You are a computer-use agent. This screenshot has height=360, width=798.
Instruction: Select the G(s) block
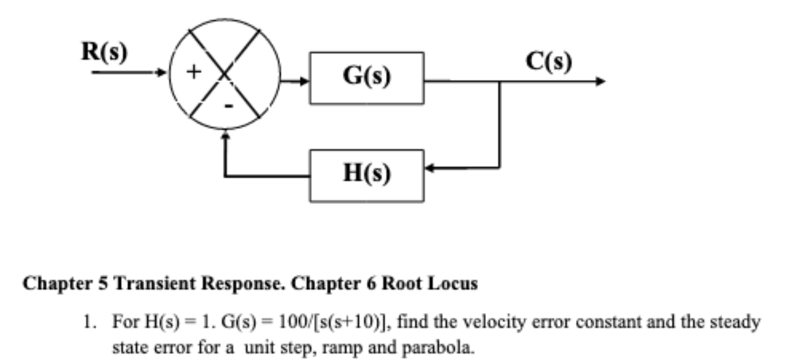click(x=366, y=78)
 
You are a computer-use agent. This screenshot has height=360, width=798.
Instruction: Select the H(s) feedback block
click(x=366, y=175)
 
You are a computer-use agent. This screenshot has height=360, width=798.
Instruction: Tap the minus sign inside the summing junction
click(x=228, y=107)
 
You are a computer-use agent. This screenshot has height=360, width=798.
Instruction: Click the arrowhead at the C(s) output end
click(x=601, y=81)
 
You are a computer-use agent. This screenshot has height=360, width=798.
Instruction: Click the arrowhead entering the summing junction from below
click(x=226, y=134)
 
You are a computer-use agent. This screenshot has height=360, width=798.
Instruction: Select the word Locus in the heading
click(x=455, y=284)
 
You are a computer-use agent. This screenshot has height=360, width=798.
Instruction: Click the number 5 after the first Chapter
click(x=102, y=284)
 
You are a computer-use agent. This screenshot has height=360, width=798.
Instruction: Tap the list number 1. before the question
click(x=88, y=322)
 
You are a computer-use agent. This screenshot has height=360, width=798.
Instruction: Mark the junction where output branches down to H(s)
click(x=499, y=81)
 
